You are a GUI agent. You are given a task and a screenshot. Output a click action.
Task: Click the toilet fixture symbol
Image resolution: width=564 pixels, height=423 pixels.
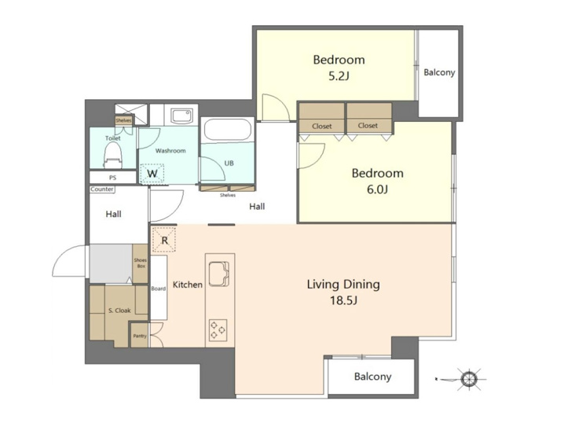[x=112, y=155]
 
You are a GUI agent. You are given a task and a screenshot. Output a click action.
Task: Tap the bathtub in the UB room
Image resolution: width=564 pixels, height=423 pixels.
[x=227, y=130]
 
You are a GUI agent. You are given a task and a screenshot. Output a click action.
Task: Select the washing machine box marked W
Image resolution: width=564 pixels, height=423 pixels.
[x=152, y=174]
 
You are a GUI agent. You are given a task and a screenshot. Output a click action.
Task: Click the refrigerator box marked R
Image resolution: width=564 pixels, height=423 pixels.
[x=164, y=240]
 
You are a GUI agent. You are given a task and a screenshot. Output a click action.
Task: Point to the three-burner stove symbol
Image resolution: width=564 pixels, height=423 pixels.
[x=218, y=330]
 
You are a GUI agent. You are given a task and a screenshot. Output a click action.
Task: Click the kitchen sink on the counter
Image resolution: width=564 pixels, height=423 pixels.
[x=218, y=274]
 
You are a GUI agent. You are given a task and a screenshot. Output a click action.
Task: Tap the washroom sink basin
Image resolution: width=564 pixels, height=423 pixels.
[x=181, y=116]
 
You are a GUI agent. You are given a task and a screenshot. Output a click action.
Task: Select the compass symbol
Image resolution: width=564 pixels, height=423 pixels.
[x=468, y=379]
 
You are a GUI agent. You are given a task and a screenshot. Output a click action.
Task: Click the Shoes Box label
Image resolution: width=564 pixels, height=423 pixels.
[x=141, y=263]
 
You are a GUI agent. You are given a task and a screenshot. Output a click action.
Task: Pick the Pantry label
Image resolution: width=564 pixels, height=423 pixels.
[x=140, y=336]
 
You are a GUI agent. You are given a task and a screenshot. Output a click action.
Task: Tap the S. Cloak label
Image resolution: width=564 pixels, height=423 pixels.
[x=119, y=311]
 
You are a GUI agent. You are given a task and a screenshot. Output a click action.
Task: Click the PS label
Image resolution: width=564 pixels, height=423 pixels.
[x=112, y=178]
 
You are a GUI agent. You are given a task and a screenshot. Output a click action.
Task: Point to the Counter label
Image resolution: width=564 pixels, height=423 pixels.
[x=102, y=189]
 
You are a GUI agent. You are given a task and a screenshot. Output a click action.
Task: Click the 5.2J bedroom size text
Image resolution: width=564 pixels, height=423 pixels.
[x=339, y=76]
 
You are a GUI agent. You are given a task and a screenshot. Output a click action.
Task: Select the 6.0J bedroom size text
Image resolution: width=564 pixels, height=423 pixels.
[x=377, y=189]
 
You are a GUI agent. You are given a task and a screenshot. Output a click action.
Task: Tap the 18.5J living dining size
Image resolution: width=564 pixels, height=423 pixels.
[x=343, y=300]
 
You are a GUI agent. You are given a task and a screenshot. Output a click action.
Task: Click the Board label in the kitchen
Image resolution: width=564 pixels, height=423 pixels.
[x=158, y=289]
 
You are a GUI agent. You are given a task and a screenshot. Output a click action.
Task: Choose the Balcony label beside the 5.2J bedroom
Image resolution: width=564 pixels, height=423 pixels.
[x=439, y=72]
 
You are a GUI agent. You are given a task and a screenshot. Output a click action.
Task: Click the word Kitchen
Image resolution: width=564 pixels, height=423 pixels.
[x=188, y=285]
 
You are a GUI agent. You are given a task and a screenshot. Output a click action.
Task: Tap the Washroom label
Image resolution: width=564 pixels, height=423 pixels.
[x=170, y=150]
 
